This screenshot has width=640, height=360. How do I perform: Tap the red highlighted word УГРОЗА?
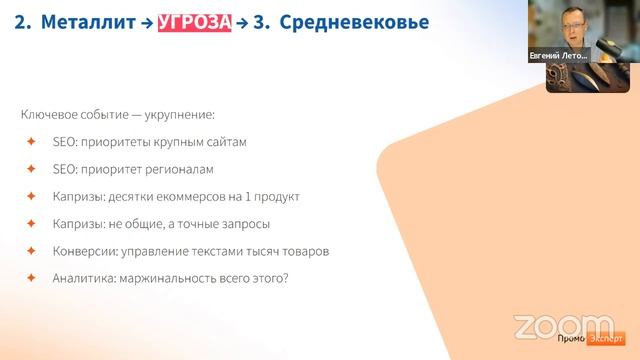193,23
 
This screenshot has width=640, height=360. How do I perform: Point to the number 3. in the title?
261,23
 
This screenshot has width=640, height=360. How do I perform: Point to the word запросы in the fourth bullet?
246,223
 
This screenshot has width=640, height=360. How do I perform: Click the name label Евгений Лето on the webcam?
559,57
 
